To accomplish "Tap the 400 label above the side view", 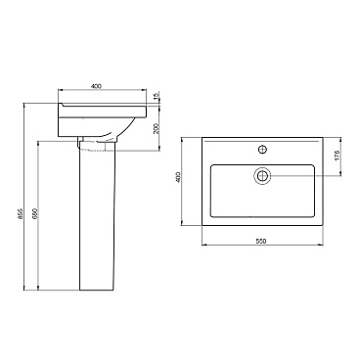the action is coord(96,86).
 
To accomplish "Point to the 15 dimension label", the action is coord(157,95).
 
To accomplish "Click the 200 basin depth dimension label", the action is coord(156,128).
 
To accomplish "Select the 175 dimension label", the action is coord(337,156).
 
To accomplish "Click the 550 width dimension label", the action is coord(261,242).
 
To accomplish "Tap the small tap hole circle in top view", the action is coord(262,150).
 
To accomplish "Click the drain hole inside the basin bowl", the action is coord(262,176).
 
